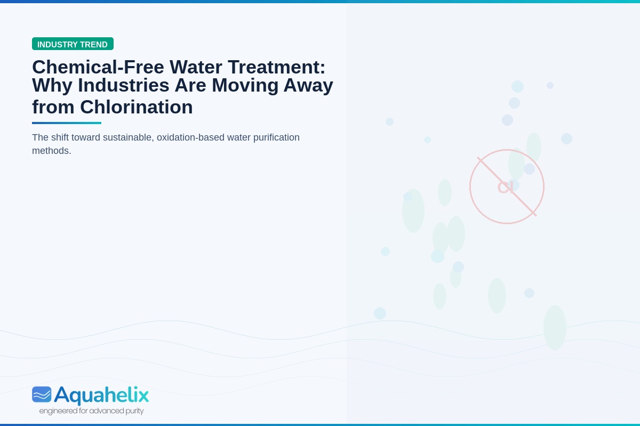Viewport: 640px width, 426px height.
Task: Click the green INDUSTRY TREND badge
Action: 73,44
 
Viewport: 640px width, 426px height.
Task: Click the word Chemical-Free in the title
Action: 98,67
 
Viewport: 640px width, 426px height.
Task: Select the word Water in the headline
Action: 196,67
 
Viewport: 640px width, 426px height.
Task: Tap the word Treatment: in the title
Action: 277,67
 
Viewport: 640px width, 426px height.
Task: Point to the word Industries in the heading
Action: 123,85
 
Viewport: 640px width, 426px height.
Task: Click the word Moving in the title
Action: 245,86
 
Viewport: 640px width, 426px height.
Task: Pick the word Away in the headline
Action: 308,86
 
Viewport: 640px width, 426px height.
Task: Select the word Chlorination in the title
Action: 137,107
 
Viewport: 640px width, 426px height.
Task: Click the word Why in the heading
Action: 52,86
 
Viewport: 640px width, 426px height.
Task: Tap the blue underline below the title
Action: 67,123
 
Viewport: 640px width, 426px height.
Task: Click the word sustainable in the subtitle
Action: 129,137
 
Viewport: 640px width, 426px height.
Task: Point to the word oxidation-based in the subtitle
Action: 190,138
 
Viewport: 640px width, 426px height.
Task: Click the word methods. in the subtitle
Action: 51,151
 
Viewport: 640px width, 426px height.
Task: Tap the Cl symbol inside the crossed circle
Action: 506,187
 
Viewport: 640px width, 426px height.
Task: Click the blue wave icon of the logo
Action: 42,395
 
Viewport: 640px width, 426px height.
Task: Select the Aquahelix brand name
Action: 101,395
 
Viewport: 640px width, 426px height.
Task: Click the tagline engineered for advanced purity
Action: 91,411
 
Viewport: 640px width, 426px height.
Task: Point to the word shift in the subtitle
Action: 60,137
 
